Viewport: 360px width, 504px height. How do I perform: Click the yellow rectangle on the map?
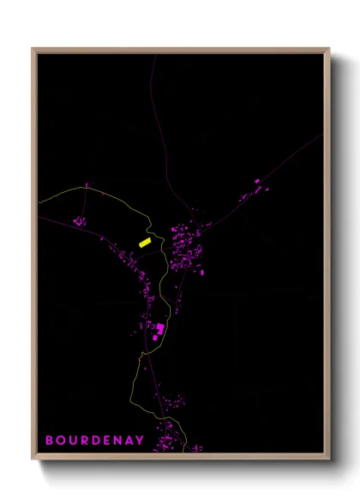[x=145, y=243]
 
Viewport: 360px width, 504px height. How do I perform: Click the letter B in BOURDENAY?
[x=50, y=441]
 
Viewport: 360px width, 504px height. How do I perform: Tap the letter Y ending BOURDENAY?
[x=143, y=441]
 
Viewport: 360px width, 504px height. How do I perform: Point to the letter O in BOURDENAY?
[x=61, y=441]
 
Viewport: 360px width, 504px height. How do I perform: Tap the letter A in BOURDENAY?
[x=132, y=441]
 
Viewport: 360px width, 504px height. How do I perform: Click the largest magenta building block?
[x=160, y=328]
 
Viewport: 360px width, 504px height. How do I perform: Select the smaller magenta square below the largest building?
[x=155, y=339]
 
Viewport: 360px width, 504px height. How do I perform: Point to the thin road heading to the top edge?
[x=154, y=94]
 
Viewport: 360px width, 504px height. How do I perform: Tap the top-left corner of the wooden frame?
[x=33, y=50]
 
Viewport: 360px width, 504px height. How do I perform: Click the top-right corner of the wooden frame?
[x=328, y=50]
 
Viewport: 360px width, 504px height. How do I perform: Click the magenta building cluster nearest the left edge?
[x=80, y=222]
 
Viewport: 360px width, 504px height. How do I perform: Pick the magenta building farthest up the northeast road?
[x=257, y=181]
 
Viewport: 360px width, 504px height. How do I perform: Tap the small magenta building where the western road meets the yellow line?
[x=86, y=186]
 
